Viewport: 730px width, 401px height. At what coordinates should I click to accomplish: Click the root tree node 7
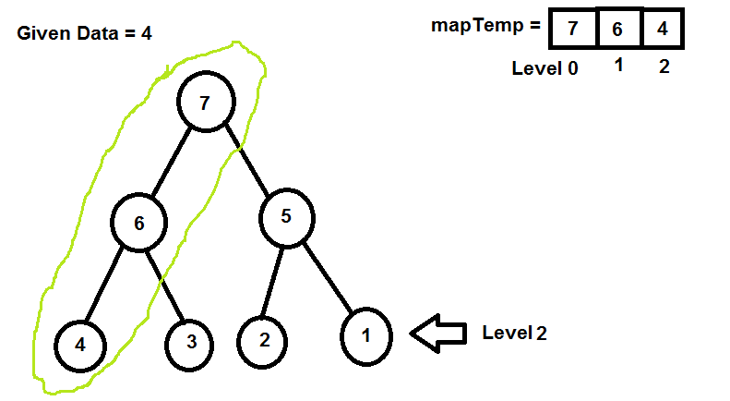tap(206, 102)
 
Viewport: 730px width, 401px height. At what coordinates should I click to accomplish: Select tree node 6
tap(139, 223)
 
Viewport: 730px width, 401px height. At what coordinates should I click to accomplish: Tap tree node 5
tap(287, 218)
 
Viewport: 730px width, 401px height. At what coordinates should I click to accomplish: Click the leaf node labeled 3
tap(191, 342)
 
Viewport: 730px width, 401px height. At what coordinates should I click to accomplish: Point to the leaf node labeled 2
tap(265, 339)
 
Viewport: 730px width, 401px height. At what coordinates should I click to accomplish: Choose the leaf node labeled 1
tap(366, 334)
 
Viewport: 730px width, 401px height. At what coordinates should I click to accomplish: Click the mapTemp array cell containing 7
tap(572, 28)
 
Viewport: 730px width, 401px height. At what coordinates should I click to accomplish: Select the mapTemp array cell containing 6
tap(617, 28)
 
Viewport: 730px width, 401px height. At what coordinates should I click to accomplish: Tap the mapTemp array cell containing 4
tap(662, 28)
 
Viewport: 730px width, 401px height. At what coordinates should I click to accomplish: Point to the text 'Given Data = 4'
tap(84, 33)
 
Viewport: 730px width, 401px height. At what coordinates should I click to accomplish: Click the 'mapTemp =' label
tap(485, 26)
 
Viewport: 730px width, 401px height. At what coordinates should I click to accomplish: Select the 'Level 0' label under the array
tap(545, 68)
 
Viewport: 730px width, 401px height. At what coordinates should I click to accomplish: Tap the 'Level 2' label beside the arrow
tap(514, 333)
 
